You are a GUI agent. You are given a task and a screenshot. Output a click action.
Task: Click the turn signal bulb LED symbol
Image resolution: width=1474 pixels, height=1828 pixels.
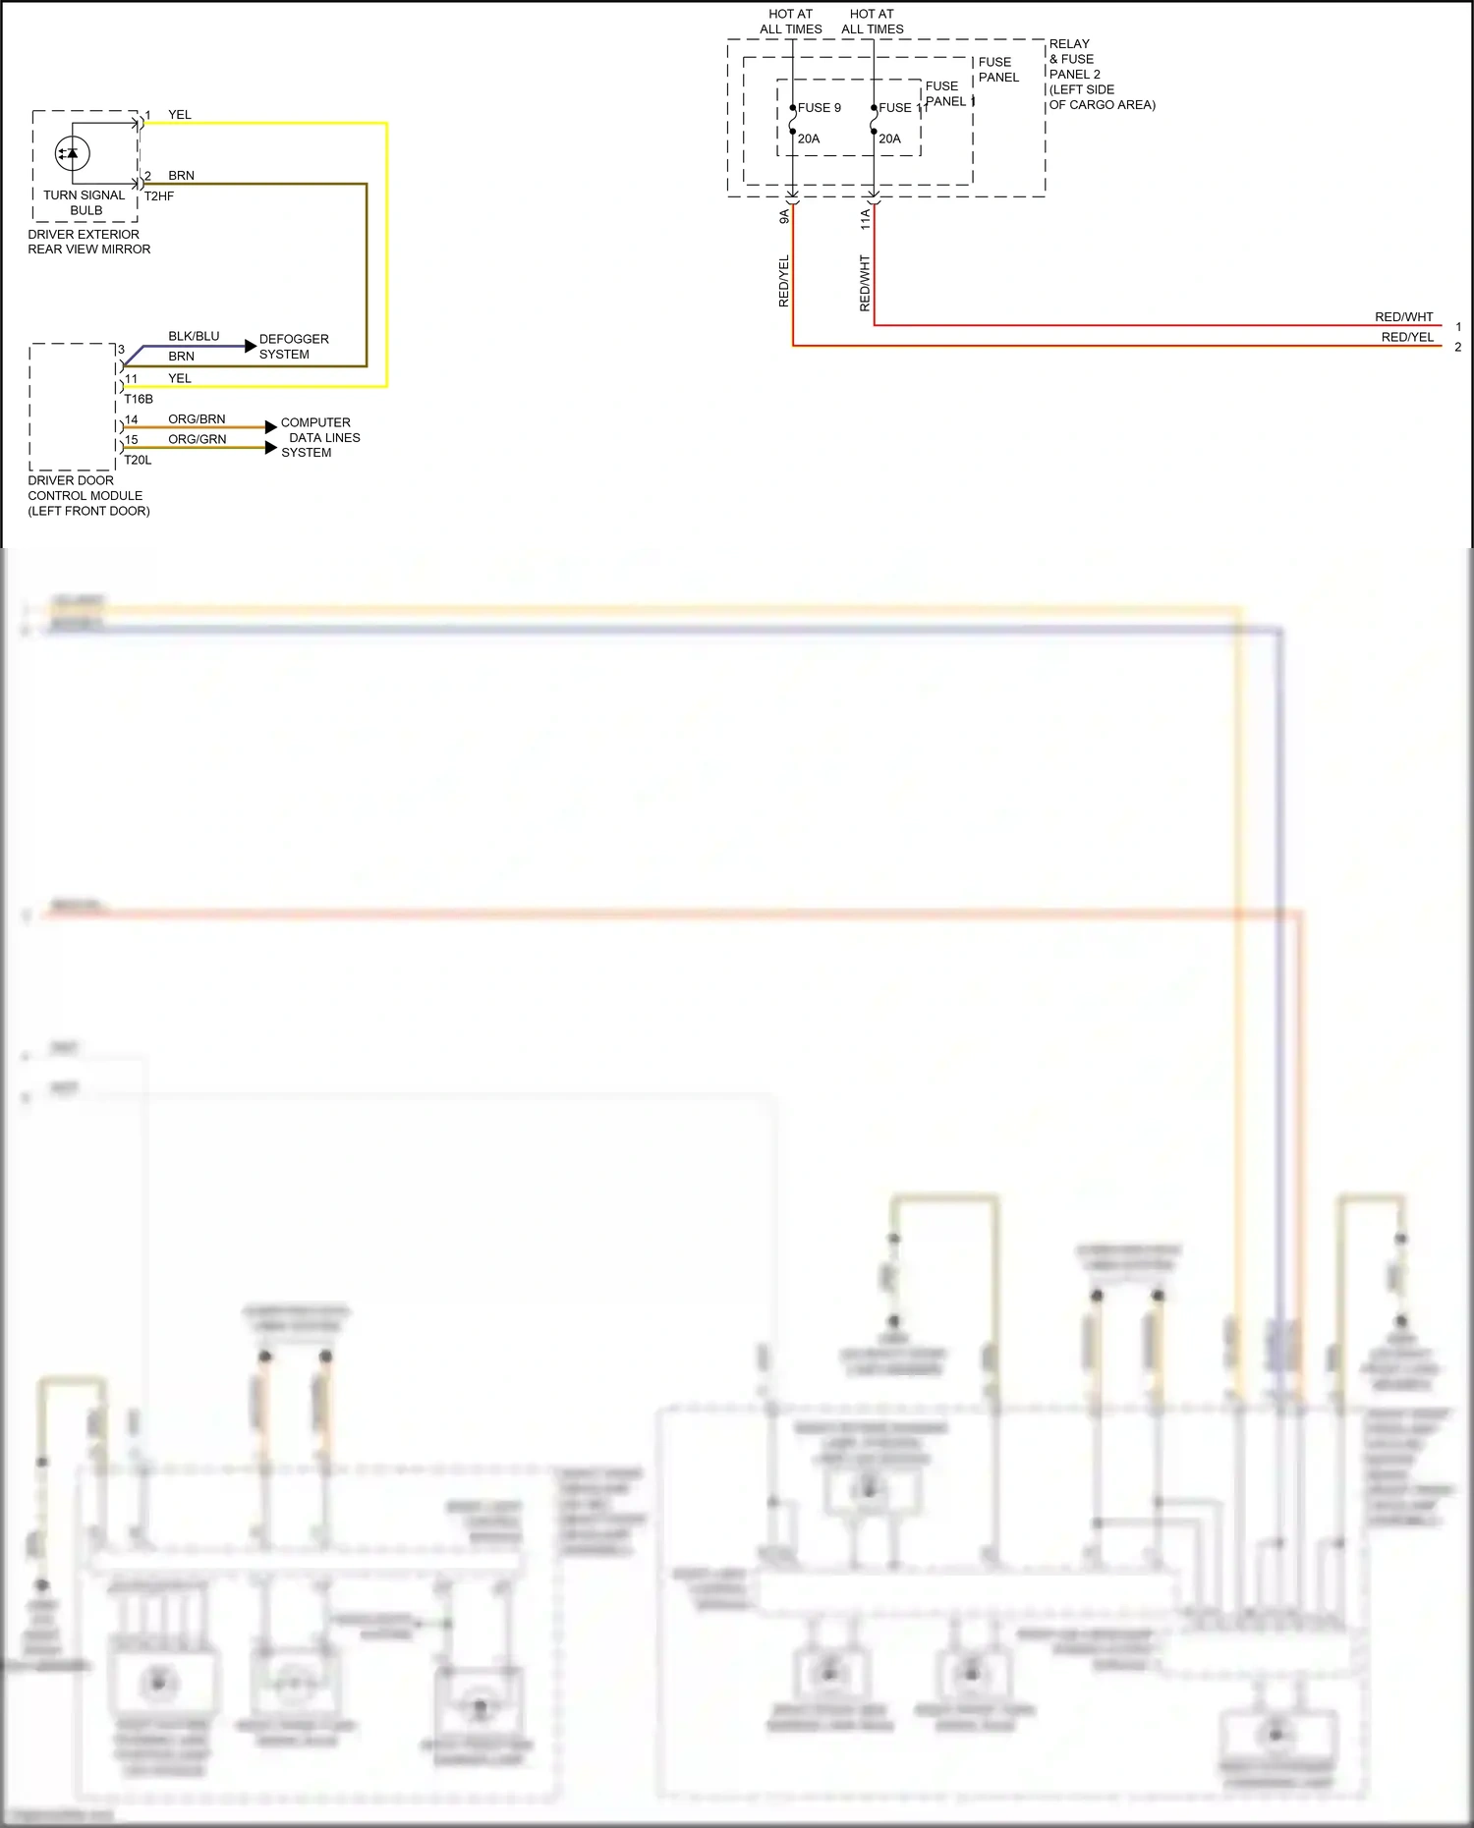72,153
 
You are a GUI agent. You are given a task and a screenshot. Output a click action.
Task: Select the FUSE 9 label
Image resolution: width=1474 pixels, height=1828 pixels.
819,108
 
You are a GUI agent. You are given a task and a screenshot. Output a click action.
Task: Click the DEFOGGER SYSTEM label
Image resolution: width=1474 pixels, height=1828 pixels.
293,347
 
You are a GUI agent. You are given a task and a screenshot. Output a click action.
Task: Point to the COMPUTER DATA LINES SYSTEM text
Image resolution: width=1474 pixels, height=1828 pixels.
319,437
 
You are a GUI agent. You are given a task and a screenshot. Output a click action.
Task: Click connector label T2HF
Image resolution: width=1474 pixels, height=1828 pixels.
159,196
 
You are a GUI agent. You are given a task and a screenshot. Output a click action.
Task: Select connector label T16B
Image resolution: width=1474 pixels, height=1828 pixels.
139,399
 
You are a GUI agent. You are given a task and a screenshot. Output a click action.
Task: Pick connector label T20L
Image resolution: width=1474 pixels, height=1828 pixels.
138,460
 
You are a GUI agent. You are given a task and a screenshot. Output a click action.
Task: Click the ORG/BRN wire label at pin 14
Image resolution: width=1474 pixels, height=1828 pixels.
197,418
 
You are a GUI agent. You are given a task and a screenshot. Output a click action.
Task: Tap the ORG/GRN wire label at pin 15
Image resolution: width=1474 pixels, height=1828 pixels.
197,439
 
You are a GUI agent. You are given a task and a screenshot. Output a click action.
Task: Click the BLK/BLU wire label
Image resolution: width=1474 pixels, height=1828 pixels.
194,336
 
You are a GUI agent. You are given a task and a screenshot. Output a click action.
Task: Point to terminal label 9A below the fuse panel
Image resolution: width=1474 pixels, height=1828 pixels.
784,217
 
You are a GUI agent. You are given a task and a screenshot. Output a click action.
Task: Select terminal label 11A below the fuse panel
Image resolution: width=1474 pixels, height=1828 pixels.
866,219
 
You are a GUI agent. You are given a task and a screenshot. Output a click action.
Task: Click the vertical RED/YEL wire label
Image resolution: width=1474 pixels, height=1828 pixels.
784,281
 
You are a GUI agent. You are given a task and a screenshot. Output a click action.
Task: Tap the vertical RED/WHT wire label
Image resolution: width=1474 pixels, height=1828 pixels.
865,283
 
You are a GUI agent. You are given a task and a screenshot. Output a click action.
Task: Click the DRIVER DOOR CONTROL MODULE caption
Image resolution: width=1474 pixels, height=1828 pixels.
88,495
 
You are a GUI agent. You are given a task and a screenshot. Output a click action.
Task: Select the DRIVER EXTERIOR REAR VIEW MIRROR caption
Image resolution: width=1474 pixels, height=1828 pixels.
88,242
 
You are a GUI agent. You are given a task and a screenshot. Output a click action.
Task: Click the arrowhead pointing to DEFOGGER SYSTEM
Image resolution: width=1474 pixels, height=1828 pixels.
251,347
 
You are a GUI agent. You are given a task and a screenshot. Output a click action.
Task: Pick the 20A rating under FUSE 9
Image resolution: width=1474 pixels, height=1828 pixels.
809,138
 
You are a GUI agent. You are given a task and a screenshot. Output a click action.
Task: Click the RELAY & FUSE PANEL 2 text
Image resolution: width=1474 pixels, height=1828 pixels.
1101,74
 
